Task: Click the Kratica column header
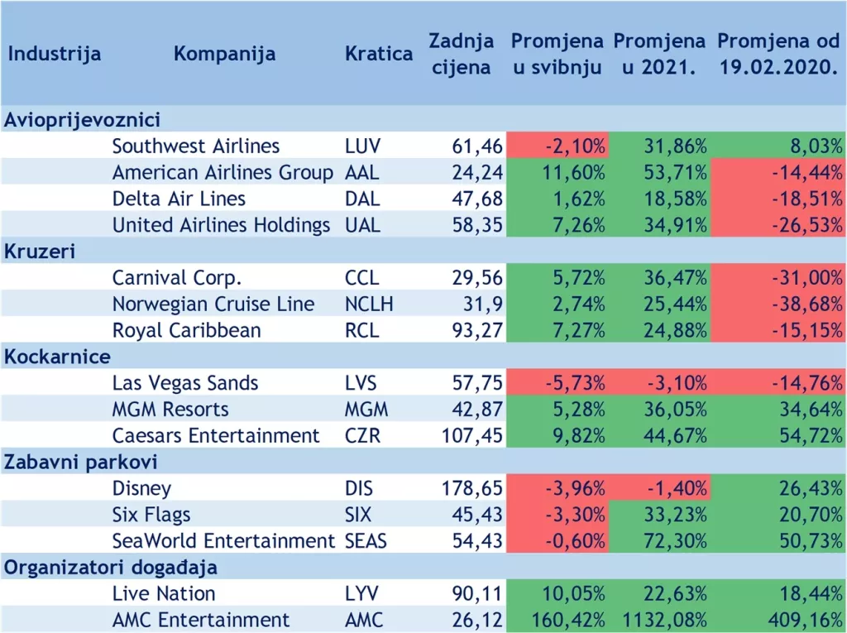coord(378,55)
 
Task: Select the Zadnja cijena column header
coord(461,54)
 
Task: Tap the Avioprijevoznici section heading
coord(82,120)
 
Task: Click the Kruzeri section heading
coord(40,252)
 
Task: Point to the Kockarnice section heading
coord(58,357)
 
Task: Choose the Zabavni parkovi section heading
coord(81,463)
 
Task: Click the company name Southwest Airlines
coord(196,146)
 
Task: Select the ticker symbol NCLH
coord(369,305)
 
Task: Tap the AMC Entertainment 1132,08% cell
coord(660,621)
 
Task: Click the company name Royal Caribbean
coord(186,331)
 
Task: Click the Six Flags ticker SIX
coord(359,515)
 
